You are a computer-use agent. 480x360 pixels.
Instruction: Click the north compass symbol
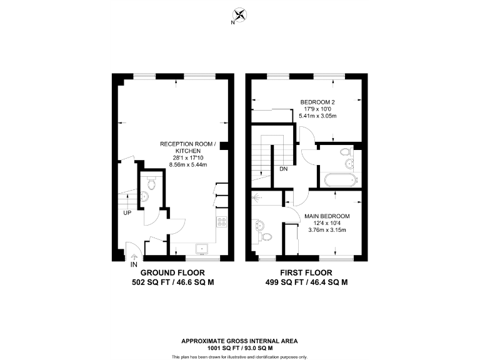239,15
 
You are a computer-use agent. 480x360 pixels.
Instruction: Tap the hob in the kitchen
221,221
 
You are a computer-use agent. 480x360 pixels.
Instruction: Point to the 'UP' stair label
127,212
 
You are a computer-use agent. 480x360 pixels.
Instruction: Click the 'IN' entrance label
133,264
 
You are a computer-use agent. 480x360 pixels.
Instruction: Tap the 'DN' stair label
283,169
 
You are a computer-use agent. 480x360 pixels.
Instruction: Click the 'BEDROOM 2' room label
317,102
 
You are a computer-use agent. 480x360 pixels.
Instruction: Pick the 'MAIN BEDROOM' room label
327,216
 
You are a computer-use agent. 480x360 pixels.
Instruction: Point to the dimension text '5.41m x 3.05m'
317,116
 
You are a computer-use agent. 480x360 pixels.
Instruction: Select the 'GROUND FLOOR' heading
169,273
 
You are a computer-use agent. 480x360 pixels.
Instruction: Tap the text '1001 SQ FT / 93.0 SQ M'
239,348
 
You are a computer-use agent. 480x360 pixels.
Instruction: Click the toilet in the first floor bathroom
344,152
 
